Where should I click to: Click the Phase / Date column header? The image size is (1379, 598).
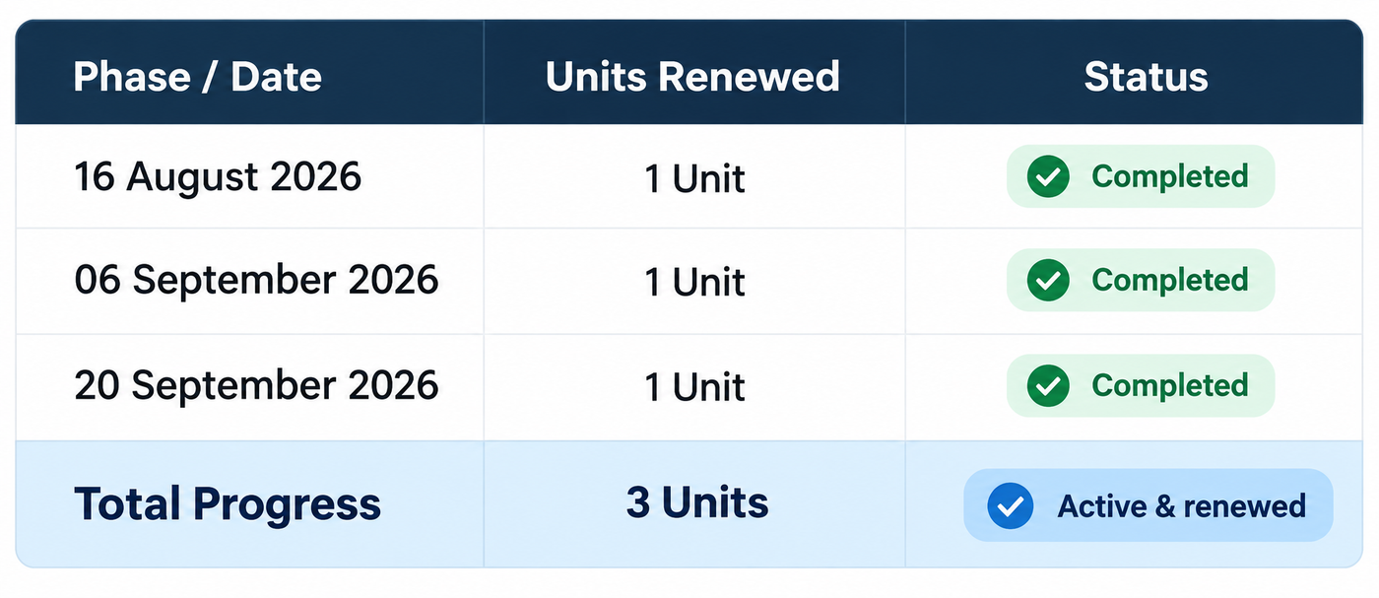[197, 77]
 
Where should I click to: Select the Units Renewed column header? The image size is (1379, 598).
[692, 77]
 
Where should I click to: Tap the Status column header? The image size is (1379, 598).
[1146, 77]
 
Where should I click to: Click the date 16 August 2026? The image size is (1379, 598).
[218, 176]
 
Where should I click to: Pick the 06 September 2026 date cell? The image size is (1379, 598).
[256, 280]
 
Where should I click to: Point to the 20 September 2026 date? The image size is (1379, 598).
[256, 385]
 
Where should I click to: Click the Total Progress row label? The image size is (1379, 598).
[228, 504]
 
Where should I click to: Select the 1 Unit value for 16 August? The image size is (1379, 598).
[694, 178]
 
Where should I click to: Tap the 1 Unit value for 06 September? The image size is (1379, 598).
[694, 282]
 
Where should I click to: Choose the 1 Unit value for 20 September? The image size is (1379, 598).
[694, 387]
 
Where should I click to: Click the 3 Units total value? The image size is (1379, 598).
[697, 502]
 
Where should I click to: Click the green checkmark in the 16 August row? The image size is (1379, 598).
[1048, 176]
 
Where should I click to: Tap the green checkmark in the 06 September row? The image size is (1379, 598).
[1048, 280]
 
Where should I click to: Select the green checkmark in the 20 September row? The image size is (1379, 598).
[1048, 385]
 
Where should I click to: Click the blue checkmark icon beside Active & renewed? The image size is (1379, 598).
[1011, 505]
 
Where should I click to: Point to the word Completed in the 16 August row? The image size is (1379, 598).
[1170, 176]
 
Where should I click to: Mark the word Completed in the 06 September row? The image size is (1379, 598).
[1170, 280]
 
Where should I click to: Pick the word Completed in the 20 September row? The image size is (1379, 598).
[1170, 385]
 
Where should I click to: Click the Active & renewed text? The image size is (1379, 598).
[1181, 506]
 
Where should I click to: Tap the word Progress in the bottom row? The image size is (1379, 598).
[287, 505]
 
